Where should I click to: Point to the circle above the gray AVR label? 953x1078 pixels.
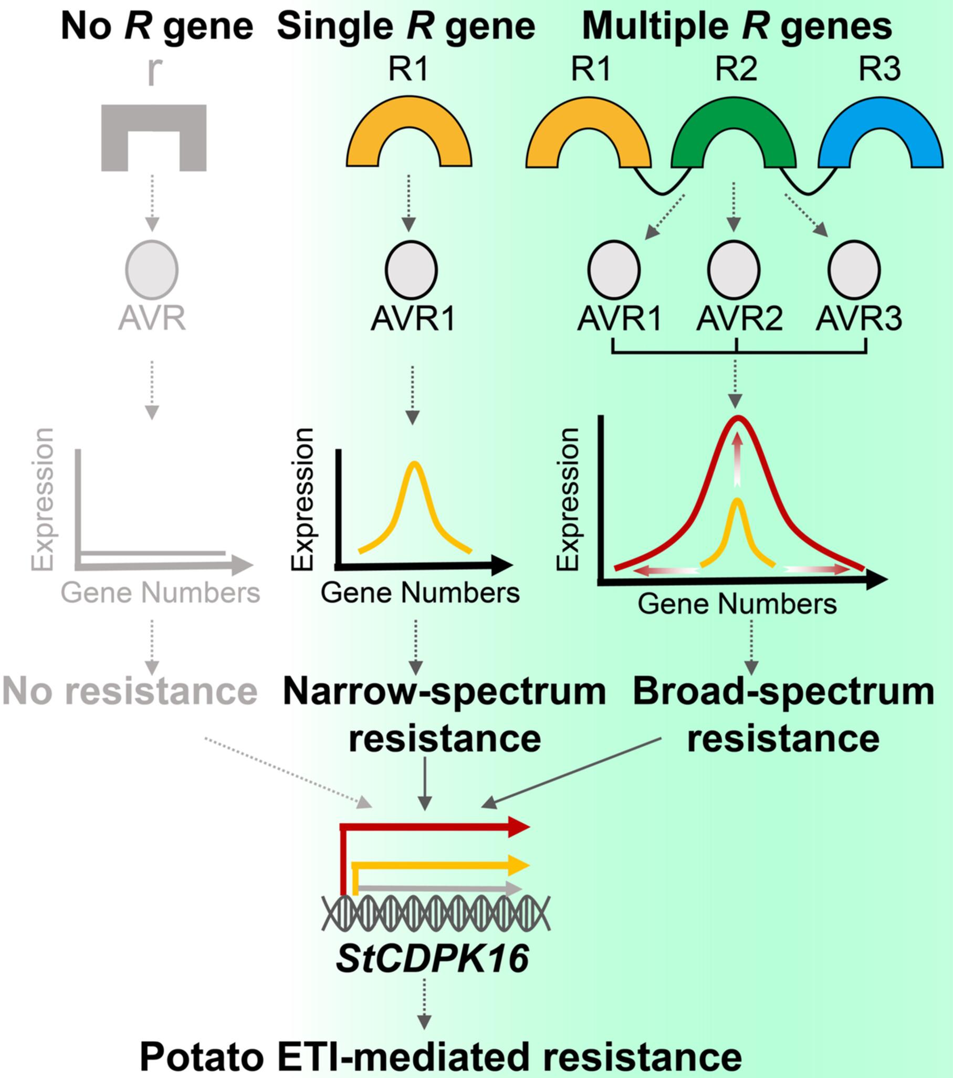click(152, 269)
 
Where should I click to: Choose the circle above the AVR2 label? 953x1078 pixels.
click(734, 269)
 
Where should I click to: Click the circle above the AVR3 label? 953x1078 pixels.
click(854, 269)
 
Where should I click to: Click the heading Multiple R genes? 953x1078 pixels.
click(736, 26)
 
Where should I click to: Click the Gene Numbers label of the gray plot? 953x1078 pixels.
click(160, 593)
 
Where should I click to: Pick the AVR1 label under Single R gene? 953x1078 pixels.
click(412, 319)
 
